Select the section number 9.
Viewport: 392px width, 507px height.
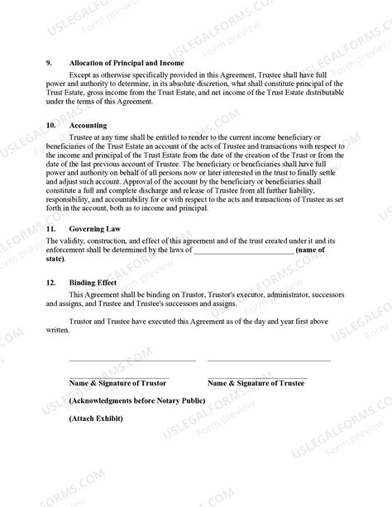[50, 63]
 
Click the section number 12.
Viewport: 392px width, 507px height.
[51, 282]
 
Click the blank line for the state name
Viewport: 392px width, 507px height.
[242, 249]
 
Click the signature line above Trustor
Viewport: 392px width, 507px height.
[132, 361]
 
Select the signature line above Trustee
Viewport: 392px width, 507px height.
[269, 361]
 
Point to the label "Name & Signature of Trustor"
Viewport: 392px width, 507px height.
[119, 384]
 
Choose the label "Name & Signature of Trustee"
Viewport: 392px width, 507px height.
[256, 384]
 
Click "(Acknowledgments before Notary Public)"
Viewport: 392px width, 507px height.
[136, 400]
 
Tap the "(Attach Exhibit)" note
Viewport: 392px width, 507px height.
[96, 418]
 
